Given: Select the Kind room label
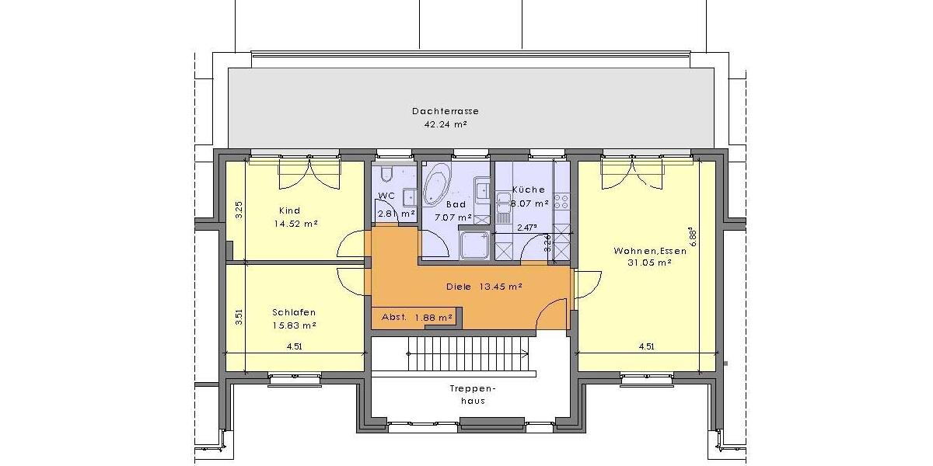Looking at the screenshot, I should pos(289,210).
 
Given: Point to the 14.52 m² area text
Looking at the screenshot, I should pos(295,224).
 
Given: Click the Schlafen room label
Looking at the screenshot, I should pos(294,312).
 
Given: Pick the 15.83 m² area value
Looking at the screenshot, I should pos(294,325).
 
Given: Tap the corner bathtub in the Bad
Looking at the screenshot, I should pos(437,181).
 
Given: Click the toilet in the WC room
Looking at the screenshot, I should pos(390,173).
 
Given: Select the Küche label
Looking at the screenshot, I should pos(529,190).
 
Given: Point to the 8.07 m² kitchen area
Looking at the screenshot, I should pos(529,203).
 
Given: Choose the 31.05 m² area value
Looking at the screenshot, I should pos(649,263).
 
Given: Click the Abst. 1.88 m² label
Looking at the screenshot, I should pos(417,317).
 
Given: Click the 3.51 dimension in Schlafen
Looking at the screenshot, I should pos(239,320).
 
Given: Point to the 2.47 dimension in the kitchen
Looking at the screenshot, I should pos(527,228).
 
